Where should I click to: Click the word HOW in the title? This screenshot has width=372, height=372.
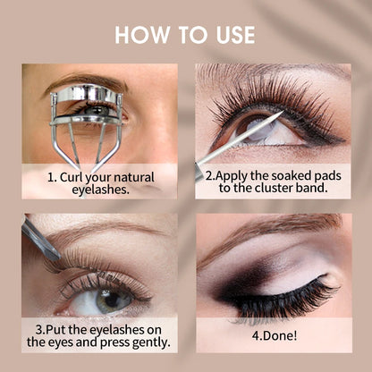[142, 35]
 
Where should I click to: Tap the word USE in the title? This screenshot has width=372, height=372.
[235, 35]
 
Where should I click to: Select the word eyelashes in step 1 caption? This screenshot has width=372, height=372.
[101, 190]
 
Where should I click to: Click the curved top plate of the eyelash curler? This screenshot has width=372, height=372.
[86, 93]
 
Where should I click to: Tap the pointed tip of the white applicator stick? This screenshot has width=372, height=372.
[283, 112]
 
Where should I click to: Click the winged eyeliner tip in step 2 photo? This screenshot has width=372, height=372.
[342, 139]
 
